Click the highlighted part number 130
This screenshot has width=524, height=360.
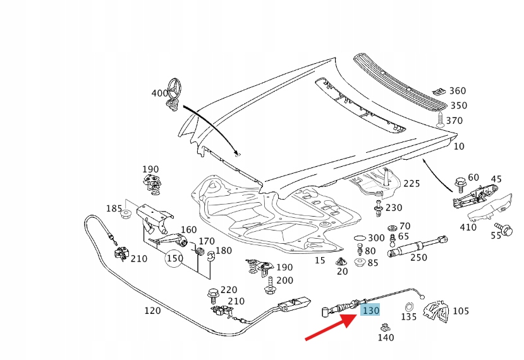pos(370,310)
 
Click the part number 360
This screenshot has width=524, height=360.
pos(458,92)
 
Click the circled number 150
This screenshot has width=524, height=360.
pos(174,258)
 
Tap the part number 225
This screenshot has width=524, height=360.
pos(411,184)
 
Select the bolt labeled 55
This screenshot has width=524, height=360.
pos(506,229)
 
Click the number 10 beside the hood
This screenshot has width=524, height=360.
pos(459,147)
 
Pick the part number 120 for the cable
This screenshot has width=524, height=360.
pos(152,311)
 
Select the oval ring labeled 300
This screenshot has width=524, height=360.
pos(360,237)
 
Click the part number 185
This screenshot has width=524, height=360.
pos(114,208)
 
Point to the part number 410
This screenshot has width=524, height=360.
pos(468,227)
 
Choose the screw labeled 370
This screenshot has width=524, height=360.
pos(437,119)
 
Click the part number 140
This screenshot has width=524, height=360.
pos(386,337)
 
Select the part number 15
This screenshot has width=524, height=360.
pos(320,260)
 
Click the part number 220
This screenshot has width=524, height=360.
pos(228,290)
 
